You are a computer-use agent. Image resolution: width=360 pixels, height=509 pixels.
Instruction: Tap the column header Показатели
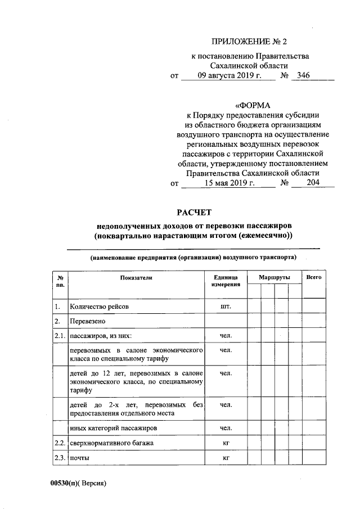pyautogui.click(x=136, y=278)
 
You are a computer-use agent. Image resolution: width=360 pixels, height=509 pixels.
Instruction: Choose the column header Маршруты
pyautogui.click(x=274, y=278)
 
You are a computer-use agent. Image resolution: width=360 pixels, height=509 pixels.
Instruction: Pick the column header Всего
pyautogui.click(x=314, y=278)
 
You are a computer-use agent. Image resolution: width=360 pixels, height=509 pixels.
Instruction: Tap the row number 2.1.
pyautogui.click(x=59, y=336)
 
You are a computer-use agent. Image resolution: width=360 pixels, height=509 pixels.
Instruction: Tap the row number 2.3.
pyautogui.click(x=59, y=459)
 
